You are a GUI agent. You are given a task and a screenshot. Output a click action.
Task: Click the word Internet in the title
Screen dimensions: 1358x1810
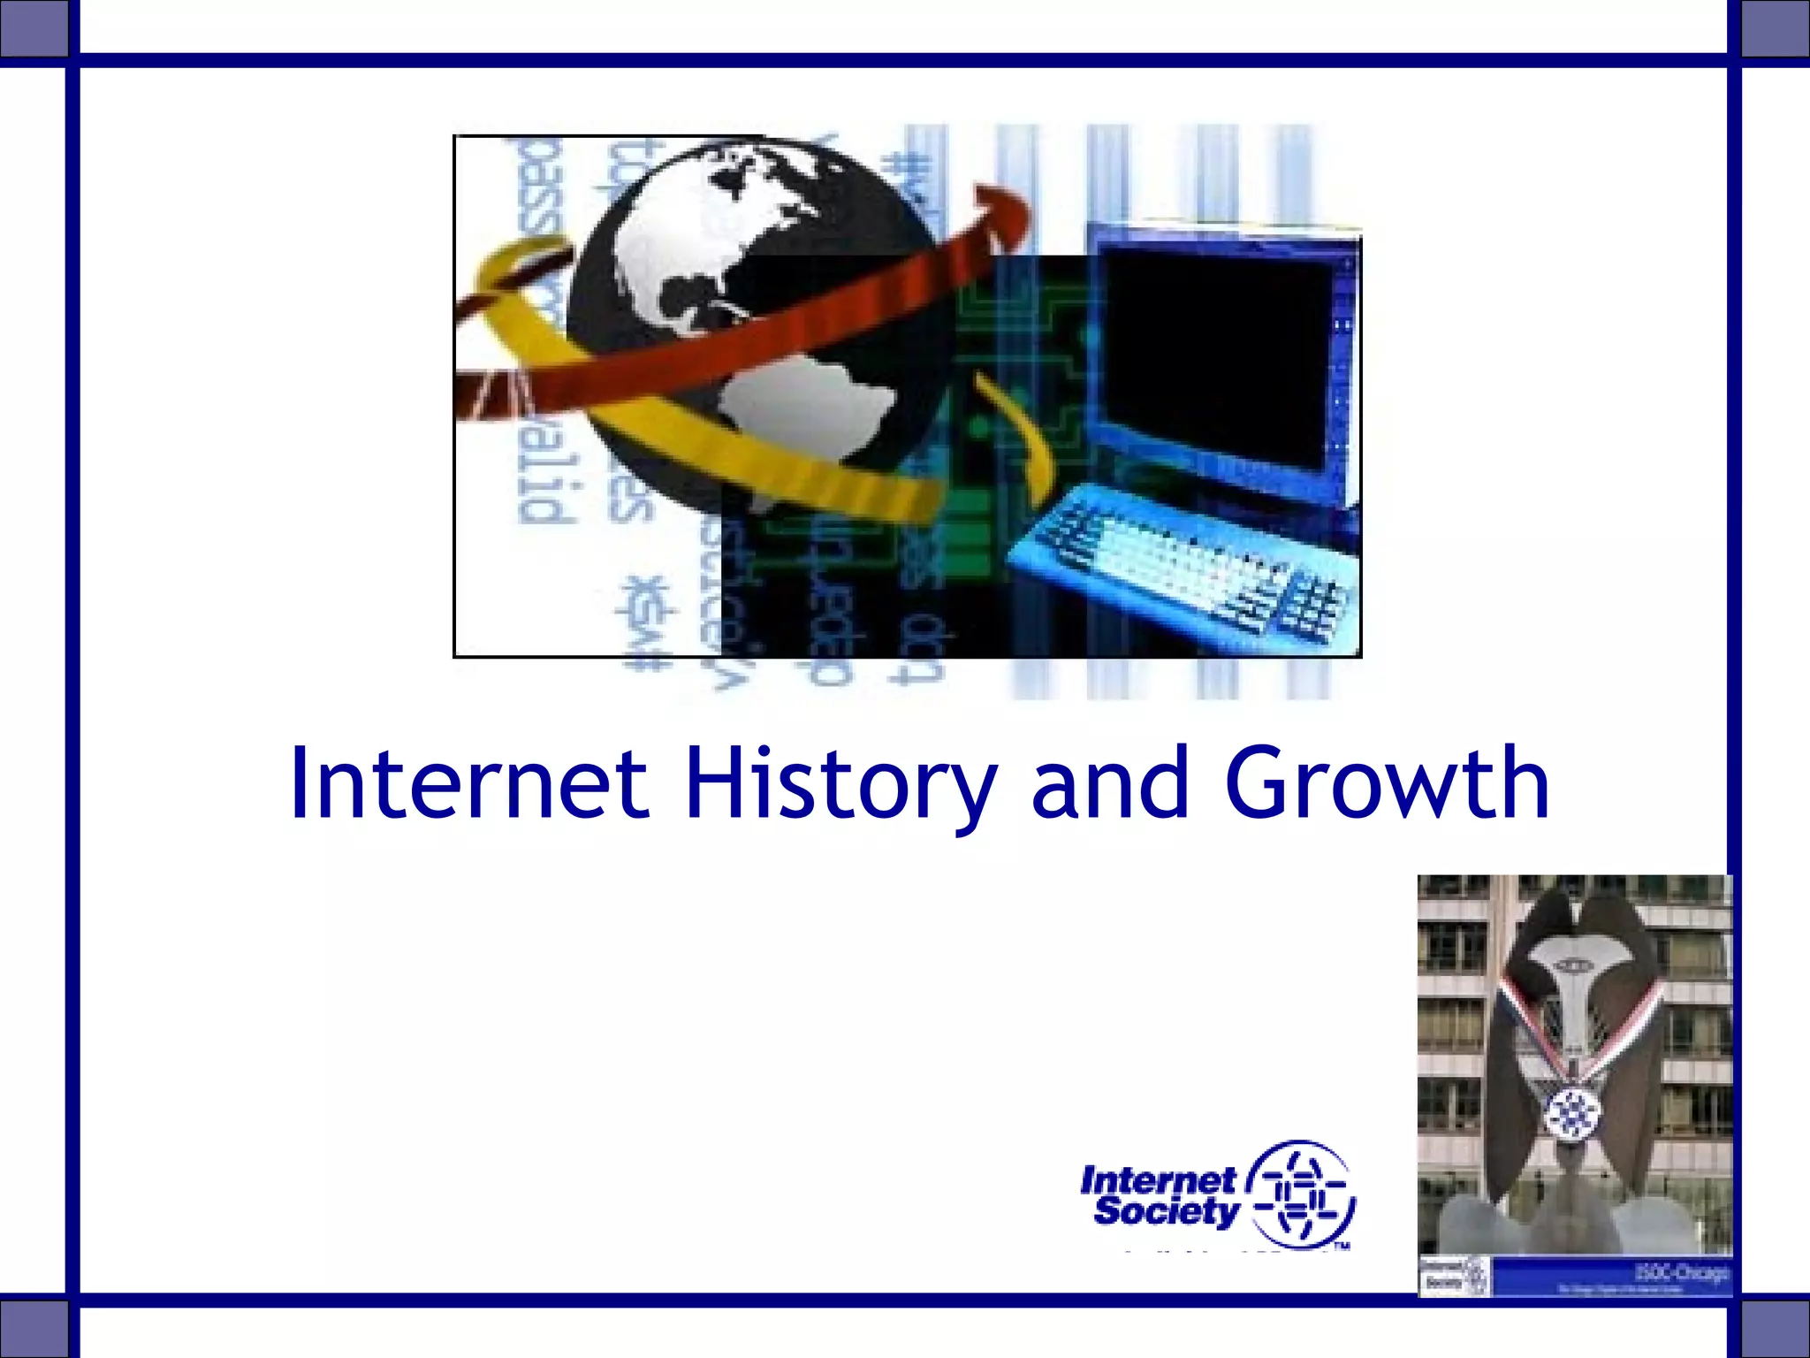point(468,782)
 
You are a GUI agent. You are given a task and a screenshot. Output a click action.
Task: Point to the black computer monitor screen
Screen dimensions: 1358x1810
point(1220,362)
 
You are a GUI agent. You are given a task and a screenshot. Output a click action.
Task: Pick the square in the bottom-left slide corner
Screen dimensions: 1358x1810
point(34,1326)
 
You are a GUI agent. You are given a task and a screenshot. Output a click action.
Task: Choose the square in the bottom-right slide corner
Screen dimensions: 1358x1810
point(1775,1326)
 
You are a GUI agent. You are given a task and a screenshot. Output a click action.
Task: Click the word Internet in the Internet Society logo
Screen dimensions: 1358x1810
point(1158,1179)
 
